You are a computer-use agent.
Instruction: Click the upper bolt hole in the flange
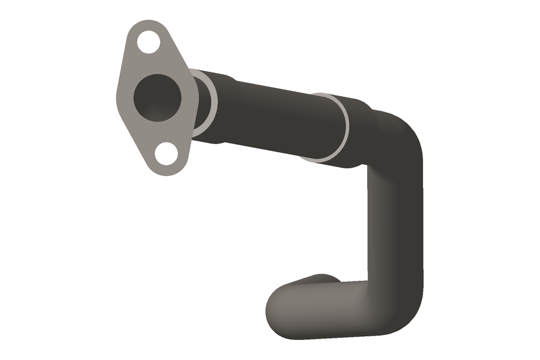pyautogui.click(x=149, y=42)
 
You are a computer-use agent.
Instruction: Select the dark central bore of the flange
pyautogui.click(x=157, y=98)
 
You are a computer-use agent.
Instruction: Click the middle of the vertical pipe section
pyautogui.click(x=396, y=221)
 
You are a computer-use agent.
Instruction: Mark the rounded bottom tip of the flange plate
pyautogui.click(x=168, y=172)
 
